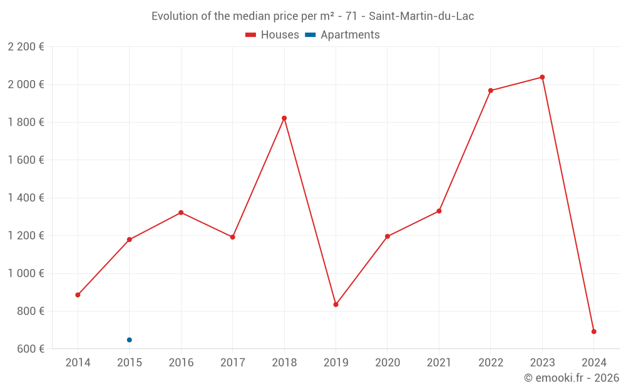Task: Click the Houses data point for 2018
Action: (x=284, y=118)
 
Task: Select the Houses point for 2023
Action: (x=542, y=77)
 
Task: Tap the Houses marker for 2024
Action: (x=593, y=332)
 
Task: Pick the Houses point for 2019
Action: (x=336, y=305)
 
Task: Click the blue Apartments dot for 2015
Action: (x=130, y=340)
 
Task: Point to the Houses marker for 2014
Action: (x=78, y=295)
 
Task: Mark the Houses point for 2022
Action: (x=491, y=91)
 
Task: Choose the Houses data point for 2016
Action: (x=181, y=213)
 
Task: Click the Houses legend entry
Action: (x=272, y=35)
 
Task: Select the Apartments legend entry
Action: (x=342, y=35)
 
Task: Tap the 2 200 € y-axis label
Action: (x=26, y=47)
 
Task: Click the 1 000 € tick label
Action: (x=26, y=273)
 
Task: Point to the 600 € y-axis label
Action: (x=29, y=348)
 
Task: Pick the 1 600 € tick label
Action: (x=26, y=160)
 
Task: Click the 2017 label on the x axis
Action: (x=232, y=363)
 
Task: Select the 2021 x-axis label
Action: (x=439, y=363)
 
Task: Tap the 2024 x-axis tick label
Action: (x=593, y=363)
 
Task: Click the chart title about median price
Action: (x=312, y=16)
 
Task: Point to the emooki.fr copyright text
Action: (x=571, y=378)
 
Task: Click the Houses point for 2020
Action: (x=387, y=236)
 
